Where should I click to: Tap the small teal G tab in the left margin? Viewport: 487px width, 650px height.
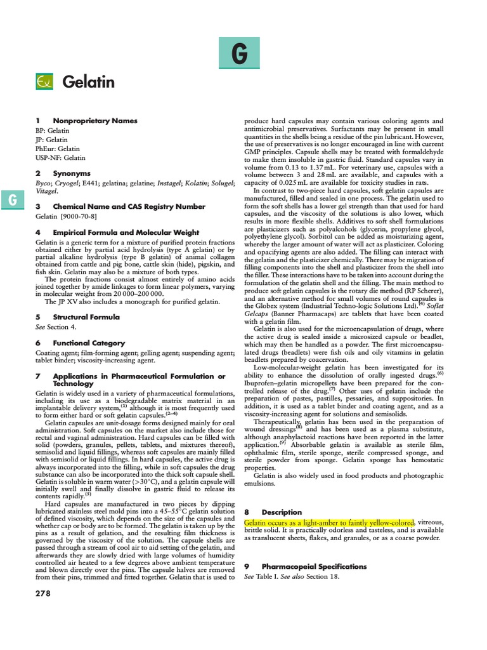[12, 200]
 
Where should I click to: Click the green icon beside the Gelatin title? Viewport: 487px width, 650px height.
[45, 82]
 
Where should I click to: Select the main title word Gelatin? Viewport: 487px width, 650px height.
[88, 82]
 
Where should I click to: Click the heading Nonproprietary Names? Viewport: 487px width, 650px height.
[94, 120]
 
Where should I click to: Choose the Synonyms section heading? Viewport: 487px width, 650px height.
[72, 173]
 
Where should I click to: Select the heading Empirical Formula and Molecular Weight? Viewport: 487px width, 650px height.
[126, 232]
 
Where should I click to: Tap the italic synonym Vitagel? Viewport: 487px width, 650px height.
[46, 190]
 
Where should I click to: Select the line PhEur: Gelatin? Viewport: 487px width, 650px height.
[57, 149]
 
